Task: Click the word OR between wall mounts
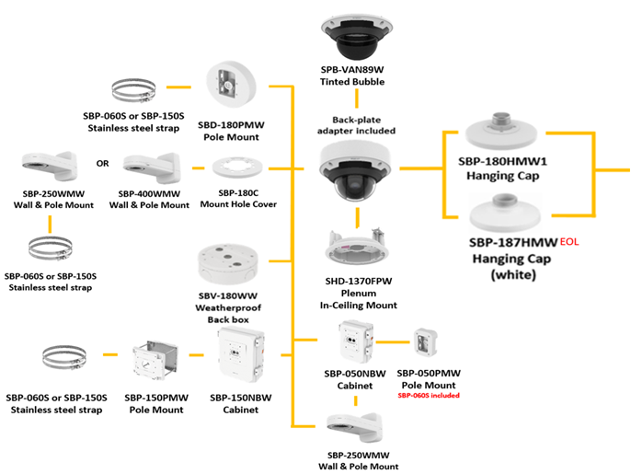(103, 165)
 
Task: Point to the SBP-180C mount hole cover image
(236, 169)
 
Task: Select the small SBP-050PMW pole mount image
(426, 343)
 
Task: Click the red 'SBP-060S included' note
(428, 395)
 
